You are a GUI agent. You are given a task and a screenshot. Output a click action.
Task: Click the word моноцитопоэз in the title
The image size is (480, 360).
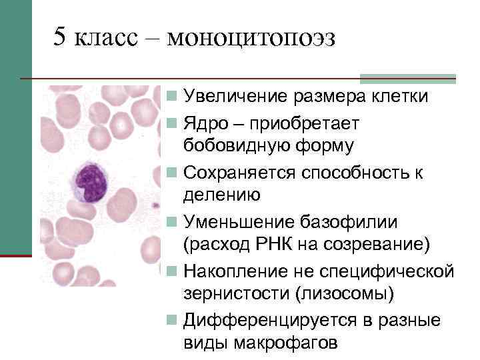(x=251, y=38)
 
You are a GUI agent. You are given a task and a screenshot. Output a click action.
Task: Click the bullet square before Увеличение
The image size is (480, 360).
(x=172, y=97)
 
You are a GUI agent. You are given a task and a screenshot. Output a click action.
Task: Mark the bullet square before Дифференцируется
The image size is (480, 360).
(x=172, y=320)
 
